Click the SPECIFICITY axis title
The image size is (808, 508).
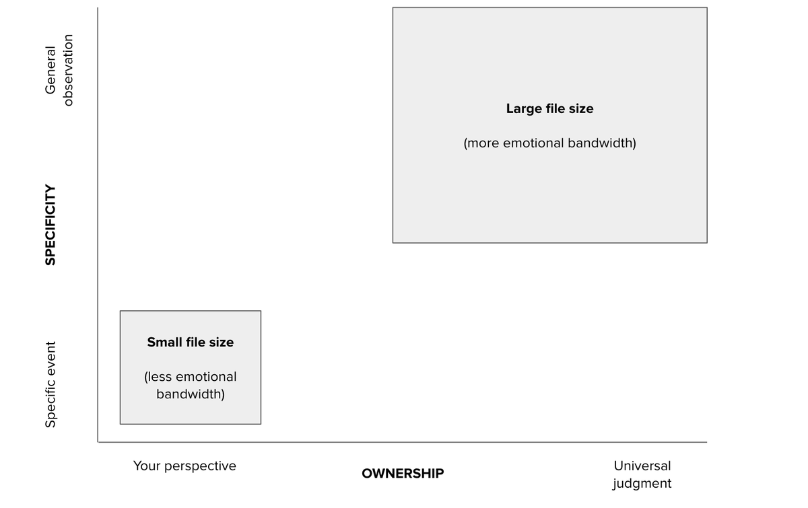pyautogui.click(x=50, y=225)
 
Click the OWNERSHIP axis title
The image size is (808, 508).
pyautogui.click(x=403, y=474)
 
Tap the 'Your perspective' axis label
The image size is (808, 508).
pyautogui.click(x=184, y=466)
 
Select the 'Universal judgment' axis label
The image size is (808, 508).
pyautogui.click(x=642, y=474)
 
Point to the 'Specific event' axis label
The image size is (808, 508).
pyautogui.click(x=50, y=384)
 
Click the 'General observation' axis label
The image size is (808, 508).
pyautogui.click(x=59, y=70)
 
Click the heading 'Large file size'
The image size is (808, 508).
pyautogui.click(x=549, y=108)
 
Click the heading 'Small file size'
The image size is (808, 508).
pyautogui.click(x=191, y=342)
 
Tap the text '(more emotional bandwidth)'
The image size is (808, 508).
pyautogui.click(x=549, y=143)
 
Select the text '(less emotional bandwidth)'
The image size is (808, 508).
pyautogui.click(x=191, y=385)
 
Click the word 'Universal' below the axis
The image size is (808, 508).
pyautogui.click(x=642, y=466)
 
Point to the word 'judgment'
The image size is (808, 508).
pyautogui.click(x=642, y=483)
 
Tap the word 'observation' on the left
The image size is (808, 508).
pyautogui.click(x=67, y=70)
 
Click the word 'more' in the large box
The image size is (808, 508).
pyautogui.click(x=485, y=143)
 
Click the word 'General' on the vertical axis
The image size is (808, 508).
pyautogui.click(x=50, y=70)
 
